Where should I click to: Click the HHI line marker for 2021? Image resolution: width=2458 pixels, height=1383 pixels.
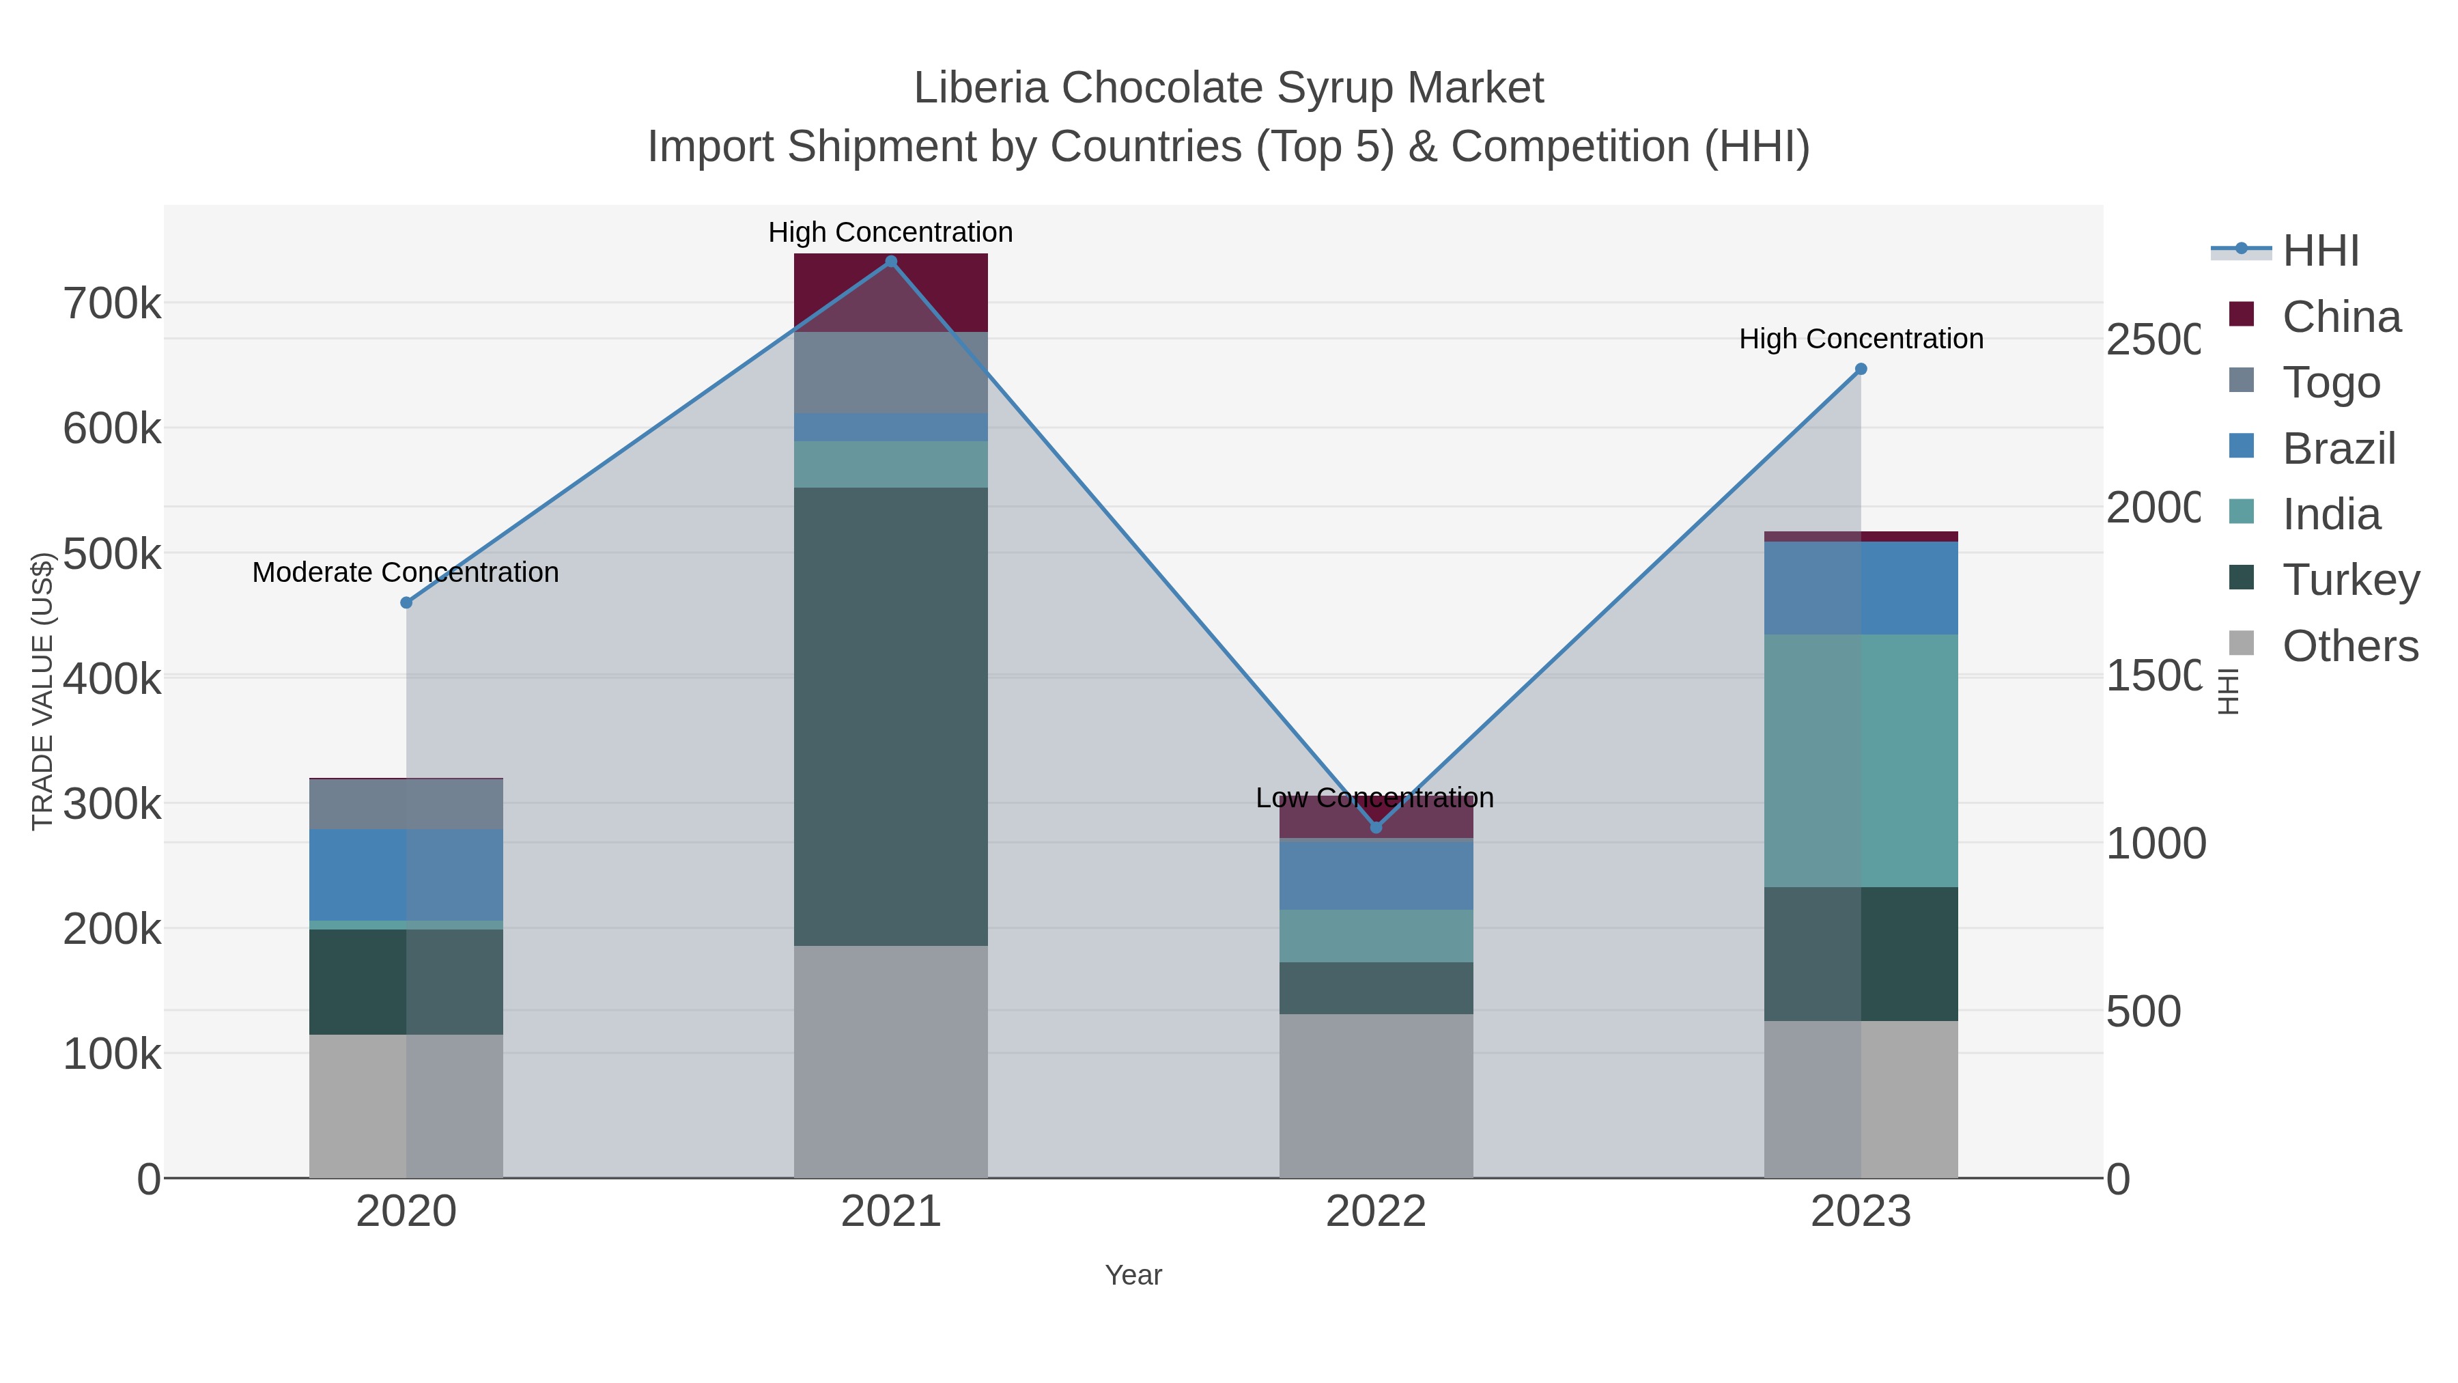coord(890,262)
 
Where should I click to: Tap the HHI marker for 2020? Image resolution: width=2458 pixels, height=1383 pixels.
coord(406,603)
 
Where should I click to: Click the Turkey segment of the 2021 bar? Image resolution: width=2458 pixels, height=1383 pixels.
coord(890,716)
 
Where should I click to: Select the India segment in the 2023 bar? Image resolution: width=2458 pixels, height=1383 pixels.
coord(1861,761)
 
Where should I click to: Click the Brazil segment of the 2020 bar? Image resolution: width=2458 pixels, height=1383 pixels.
coord(406,874)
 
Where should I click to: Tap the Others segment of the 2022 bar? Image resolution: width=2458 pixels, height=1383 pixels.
coord(1375,1095)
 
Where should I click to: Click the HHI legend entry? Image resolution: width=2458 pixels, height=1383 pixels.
coord(2319,251)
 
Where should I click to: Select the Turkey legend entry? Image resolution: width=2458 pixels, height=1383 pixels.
coord(2349,581)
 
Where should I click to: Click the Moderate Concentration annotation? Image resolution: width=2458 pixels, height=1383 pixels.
coord(406,573)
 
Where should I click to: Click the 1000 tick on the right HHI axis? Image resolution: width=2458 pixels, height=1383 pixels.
coord(2155,843)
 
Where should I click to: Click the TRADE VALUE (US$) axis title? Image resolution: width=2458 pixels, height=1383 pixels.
coord(42,691)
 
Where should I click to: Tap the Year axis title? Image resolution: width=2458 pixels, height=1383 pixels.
coord(1133,1275)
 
